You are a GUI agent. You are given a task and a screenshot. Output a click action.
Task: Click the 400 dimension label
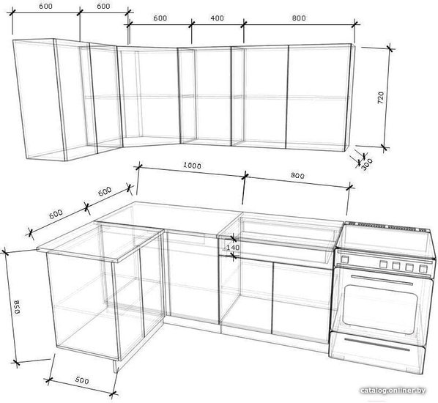pos(217,18)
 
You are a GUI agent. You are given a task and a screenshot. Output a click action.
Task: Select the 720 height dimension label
pos(381,97)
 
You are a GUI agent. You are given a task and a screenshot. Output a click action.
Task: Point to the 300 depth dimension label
pos(367,164)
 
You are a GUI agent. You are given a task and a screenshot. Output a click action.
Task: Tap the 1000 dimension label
pos(192,166)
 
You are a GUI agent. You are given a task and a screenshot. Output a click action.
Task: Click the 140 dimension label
pos(233,248)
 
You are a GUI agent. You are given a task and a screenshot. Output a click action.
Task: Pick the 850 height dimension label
pos(18,307)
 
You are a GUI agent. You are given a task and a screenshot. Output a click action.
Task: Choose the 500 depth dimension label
pos(82,380)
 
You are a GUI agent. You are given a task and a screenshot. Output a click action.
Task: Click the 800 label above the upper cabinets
pos(299,18)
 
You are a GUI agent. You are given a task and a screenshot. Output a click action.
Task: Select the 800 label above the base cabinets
pos(297,176)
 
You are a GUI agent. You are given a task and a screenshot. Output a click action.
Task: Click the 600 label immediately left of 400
pos(160,18)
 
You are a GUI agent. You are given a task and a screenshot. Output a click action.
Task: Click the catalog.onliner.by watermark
pos(393,390)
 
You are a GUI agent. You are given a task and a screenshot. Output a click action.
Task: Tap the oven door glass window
pos(379,309)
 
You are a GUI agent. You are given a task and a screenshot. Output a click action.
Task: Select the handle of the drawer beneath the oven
pos(376,344)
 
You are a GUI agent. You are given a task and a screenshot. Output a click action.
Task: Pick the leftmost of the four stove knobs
pos(383,264)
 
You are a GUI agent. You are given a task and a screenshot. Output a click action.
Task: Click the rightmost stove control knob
pos(423,269)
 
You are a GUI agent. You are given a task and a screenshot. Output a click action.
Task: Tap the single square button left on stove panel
pos(345,259)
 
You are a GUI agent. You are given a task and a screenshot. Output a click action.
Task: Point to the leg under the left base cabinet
pos(115,366)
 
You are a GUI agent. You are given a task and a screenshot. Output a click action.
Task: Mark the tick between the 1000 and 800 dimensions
pos(245,176)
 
